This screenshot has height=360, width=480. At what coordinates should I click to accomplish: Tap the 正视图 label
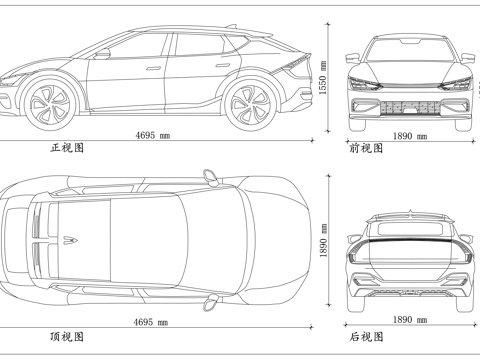67,147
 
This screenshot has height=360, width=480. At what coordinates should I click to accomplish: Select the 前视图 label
366,147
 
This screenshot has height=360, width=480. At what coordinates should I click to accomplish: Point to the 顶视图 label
67,336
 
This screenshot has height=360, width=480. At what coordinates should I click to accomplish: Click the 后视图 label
366,336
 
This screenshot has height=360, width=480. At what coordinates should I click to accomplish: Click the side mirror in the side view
104,54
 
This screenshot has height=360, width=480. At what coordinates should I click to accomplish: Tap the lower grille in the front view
408,108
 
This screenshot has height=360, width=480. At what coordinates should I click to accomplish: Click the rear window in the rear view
408,232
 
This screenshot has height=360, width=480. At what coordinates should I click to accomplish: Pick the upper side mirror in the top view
210,177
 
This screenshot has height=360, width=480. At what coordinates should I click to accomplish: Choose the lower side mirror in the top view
210,301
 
